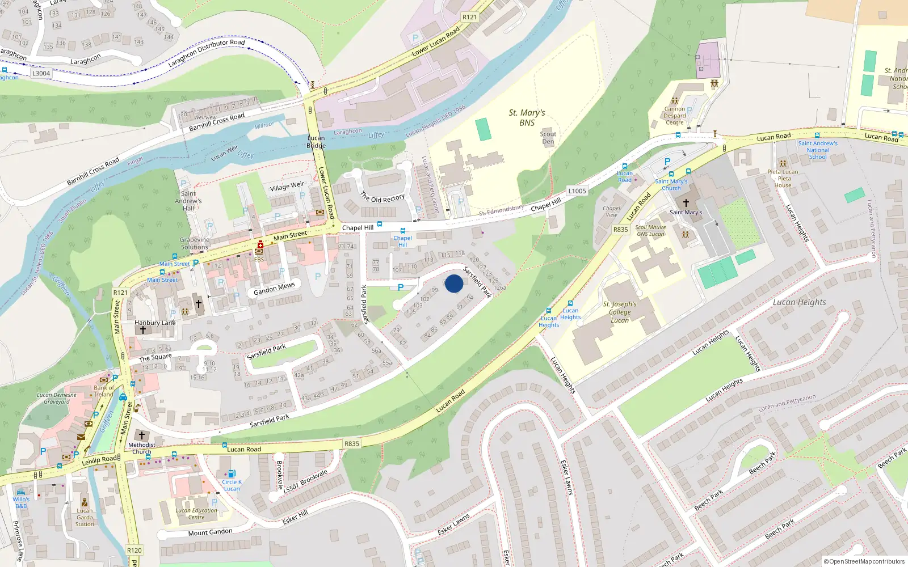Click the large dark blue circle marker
[x=454, y=283]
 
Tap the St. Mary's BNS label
[x=527, y=117]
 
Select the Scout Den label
[x=548, y=138]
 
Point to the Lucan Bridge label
[x=316, y=142]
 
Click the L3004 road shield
[x=41, y=73]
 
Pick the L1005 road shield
[x=577, y=191]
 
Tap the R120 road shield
[x=134, y=550]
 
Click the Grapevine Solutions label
[x=195, y=243]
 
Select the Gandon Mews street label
[x=274, y=289]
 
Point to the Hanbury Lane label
[x=155, y=323]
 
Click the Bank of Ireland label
[x=103, y=391]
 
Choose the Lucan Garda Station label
[x=85, y=517]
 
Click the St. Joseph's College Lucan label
[x=619, y=312]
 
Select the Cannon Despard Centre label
[x=675, y=116]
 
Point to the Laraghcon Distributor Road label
[x=207, y=53]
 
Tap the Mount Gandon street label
[x=210, y=532]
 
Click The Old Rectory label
[x=382, y=197]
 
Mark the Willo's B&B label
[x=21, y=502]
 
